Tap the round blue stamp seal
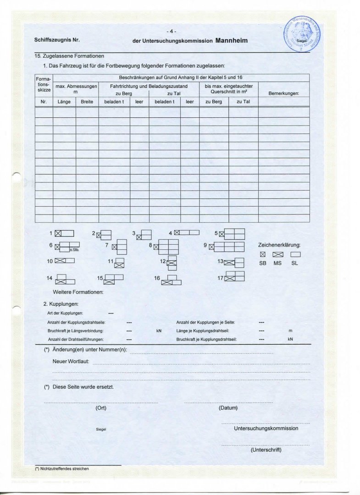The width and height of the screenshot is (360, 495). click(x=301, y=35)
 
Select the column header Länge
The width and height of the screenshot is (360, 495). click(x=64, y=102)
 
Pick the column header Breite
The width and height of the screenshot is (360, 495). click(x=87, y=102)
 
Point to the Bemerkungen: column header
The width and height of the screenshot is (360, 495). click(x=283, y=93)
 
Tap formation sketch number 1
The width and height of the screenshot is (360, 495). click(x=64, y=233)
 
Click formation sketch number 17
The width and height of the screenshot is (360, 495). click(x=234, y=276)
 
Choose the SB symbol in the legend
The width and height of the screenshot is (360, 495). click(x=262, y=254)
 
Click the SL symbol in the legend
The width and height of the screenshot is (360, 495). click(x=296, y=254)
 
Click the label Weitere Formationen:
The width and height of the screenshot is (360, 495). click(x=78, y=292)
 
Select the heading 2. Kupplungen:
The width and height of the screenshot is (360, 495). click(x=61, y=304)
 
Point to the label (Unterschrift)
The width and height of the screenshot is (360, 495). click(x=266, y=450)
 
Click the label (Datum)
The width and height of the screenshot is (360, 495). click(x=228, y=407)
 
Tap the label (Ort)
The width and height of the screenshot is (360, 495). click(x=101, y=407)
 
